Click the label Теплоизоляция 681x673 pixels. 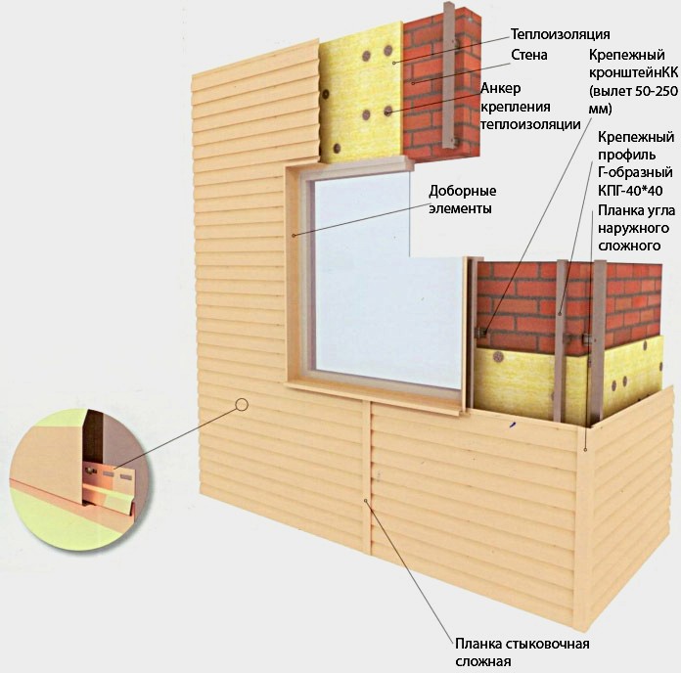point(539,34)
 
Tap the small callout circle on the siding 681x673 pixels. point(242,402)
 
